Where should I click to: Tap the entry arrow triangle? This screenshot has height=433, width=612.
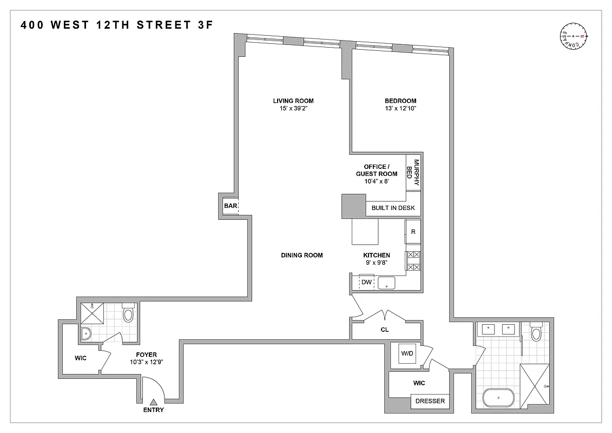pos(153,402)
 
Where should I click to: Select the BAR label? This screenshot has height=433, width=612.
pos(229,206)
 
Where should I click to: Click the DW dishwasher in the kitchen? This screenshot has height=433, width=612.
pos(366,282)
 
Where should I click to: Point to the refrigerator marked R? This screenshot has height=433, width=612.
pos(413,232)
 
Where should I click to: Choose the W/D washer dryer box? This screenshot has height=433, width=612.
pos(407,354)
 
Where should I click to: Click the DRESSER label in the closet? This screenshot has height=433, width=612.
pos(430,401)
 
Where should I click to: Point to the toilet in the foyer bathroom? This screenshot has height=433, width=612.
pos(128,313)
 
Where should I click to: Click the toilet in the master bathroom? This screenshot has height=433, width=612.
pos(536,332)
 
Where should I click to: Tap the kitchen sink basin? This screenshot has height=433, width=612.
pos(387,283)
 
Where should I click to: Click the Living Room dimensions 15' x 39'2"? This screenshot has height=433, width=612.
pos(293,109)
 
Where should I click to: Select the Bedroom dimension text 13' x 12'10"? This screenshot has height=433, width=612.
pos(400,109)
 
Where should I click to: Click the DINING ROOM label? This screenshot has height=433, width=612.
pos(302,255)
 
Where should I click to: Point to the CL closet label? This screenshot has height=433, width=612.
pos(385,329)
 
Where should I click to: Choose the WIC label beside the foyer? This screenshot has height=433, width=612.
pos(81,357)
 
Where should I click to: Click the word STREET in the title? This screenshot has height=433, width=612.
pos(161,24)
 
